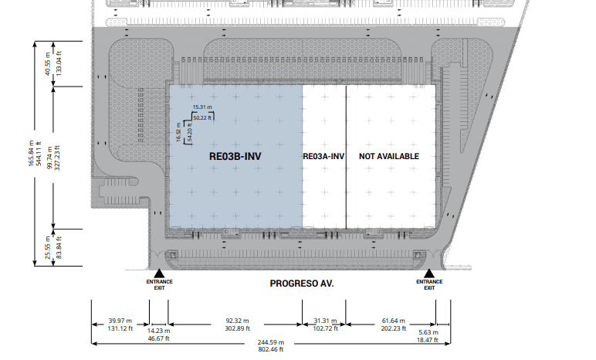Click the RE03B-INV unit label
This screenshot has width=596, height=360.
click(235, 156)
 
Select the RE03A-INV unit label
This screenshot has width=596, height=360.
click(323, 156)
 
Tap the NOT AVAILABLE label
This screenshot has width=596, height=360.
click(389, 156)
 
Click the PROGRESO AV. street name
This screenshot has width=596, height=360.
click(302, 284)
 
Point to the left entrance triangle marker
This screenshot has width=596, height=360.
click(159, 273)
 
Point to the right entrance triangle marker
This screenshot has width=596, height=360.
click(429, 273)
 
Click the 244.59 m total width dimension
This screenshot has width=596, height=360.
click(271, 342)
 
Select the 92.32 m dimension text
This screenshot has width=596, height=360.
click(237, 321)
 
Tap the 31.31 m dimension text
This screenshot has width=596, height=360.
click(325, 321)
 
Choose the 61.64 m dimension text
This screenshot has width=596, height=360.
click(394, 321)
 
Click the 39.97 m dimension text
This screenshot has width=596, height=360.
click(120, 321)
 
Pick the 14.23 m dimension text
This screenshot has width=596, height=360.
click(158, 331)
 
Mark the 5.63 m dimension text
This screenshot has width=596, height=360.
click(428, 332)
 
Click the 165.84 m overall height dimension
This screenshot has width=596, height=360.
click(31, 154)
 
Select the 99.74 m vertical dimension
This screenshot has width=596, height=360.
click(49, 158)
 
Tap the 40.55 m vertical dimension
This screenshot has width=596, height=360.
click(48, 63)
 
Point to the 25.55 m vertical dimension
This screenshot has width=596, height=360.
click(48, 248)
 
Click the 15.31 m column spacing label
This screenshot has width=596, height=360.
click(202, 107)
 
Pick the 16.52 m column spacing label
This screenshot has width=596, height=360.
click(178, 132)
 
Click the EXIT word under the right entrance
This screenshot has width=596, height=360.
click(429, 288)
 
